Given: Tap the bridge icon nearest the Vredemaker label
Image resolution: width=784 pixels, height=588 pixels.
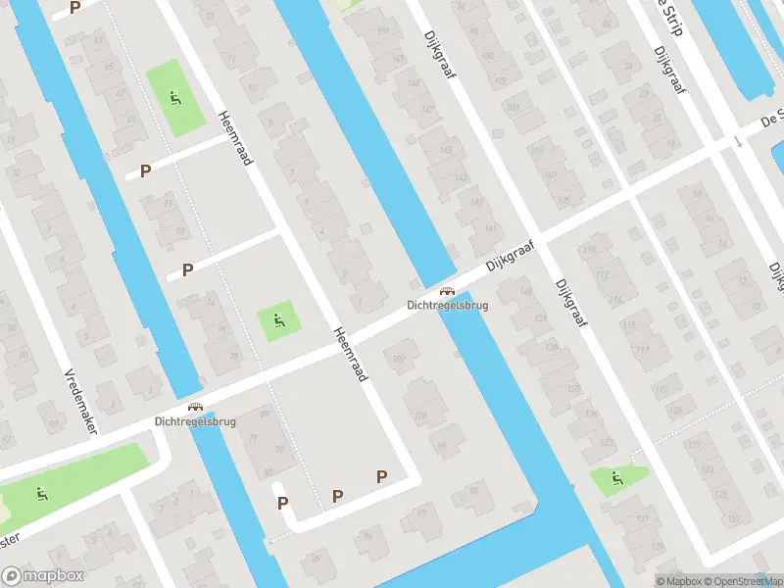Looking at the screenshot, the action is pyautogui.click(x=195, y=407).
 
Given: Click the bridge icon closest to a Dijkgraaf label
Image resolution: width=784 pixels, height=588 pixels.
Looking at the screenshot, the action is pyautogui.click(x=447, y=290).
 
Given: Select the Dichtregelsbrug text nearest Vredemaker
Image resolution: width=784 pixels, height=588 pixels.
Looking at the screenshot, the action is pyautogui.click(x=195, y=421).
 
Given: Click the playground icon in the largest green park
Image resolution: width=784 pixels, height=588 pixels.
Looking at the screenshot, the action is pyautogui.click(x=41, y=492).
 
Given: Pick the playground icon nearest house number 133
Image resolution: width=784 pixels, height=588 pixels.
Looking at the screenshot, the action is pyautogui.click(x=616, y=478).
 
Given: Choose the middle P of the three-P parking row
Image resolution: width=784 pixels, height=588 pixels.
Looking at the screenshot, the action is pyautogui.click(x=337, y=496).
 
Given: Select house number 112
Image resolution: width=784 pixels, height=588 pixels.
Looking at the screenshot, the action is pyautogui.click(x=602, y=273).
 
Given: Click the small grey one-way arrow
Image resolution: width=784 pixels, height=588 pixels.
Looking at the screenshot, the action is pyautogui.click(x=737, y=140).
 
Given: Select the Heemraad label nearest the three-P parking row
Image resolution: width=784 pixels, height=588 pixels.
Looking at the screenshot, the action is pyautogui.click(x=349, y=354).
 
